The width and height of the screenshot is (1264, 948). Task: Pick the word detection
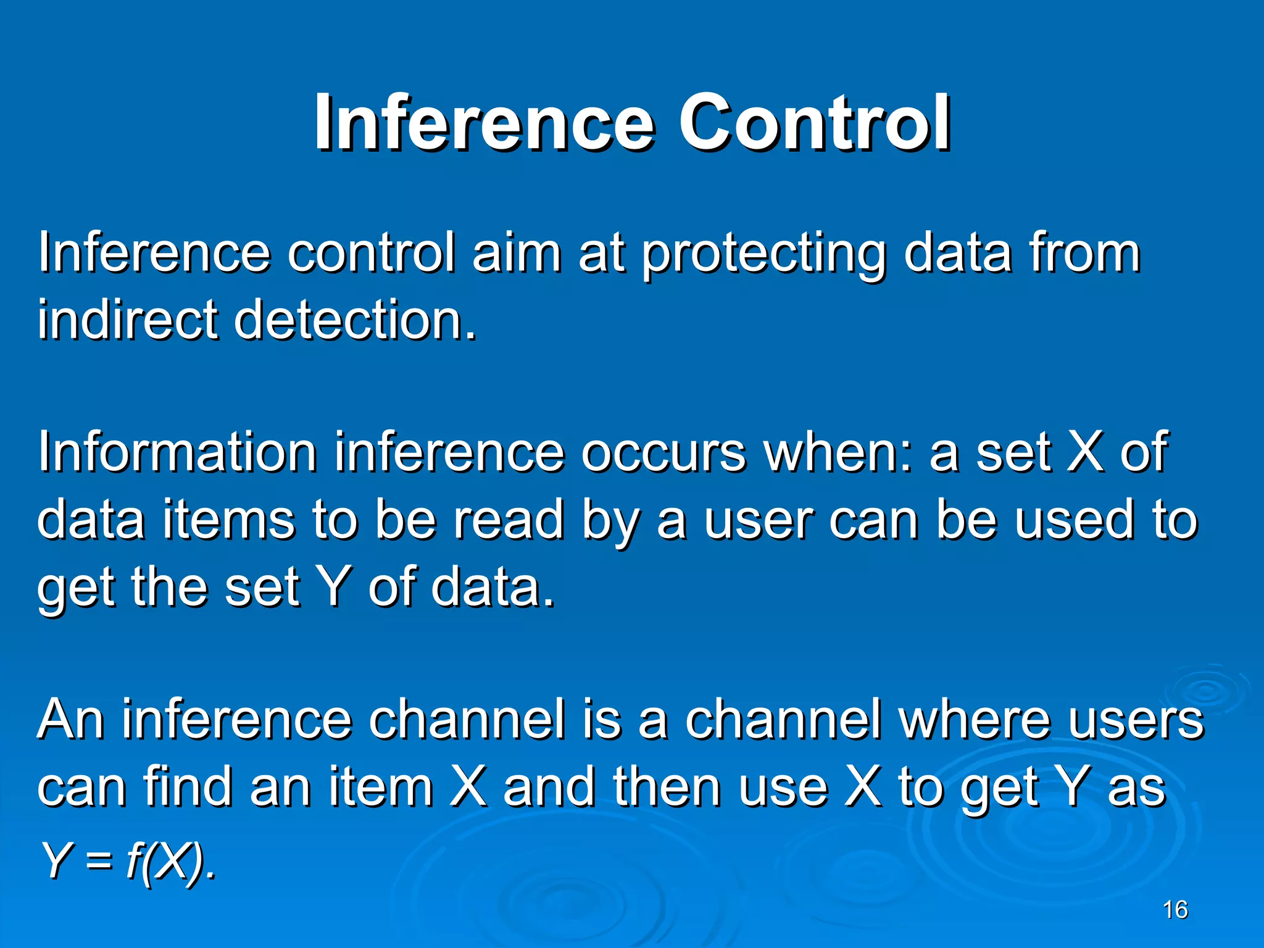pos(354,320)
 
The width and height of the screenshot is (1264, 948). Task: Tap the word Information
pos(178,452)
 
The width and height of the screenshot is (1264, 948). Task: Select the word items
pos(229,520)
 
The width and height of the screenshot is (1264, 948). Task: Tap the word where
pos(975,720)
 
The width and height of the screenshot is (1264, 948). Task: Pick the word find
pos(188,786)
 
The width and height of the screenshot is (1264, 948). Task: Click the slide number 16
pos(1175,910)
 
